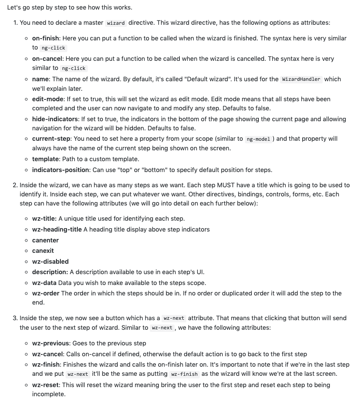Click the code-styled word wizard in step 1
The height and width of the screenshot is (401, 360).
116,23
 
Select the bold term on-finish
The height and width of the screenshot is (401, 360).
47,38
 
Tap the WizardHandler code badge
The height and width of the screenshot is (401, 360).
301,79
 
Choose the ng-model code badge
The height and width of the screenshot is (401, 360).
258,139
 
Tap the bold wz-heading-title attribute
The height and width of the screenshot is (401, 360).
57,229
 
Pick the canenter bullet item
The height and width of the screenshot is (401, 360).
45,240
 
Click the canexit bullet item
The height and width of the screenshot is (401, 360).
43,251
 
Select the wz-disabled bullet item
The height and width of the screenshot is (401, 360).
50,262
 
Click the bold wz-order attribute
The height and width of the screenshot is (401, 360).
46,293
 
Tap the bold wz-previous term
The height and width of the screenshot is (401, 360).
50,343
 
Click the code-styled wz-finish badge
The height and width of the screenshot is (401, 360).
185,374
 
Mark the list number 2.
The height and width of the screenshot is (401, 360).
15,185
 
